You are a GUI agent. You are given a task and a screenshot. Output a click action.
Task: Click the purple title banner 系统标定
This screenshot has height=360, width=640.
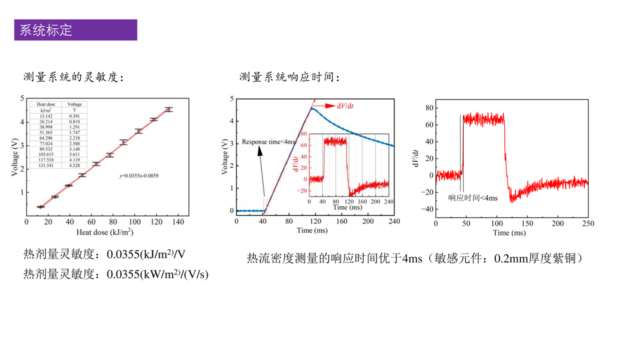click(x=75, y=30)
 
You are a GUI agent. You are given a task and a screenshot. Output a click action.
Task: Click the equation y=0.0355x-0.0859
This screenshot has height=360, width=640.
click(x=139, y=176)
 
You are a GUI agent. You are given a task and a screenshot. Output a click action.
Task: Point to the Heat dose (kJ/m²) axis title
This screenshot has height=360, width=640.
click(x=104, y=232)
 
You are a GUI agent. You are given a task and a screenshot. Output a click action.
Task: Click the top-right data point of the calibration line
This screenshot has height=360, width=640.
click(x=169, y=109)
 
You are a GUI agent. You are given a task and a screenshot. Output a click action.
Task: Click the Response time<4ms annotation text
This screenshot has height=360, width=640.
click(x=268, y=142)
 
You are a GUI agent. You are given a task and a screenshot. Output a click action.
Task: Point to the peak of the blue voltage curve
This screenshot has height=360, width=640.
click(x=312, y=108)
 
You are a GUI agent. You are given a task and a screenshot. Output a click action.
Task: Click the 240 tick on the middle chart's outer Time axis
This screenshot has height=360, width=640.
click(x=394, y=221)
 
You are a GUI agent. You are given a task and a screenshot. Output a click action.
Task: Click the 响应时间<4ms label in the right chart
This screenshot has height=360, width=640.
click(x=472, y=198)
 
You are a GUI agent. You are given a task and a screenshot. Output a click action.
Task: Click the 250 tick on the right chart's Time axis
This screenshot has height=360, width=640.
click(x=588, y=223)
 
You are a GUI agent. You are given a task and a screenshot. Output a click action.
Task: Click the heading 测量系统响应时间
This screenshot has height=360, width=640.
click(x=290, y=77)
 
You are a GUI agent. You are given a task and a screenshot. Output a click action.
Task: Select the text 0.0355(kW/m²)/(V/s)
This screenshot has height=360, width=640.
click(x=158, y=274)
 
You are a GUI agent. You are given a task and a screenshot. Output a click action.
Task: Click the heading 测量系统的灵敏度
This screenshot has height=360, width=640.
click(x=73, y=77)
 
